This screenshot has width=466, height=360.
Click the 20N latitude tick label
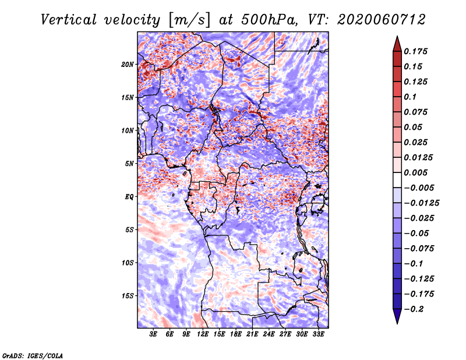pyautogui.click(x=128, y=64)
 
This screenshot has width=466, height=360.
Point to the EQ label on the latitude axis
pyautogui.click(x=129, y=197)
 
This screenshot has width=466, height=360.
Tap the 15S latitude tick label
pyautogui.click(x=128, y=296)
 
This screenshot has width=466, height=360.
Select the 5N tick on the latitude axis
pyautogui.click(x=129, y=164)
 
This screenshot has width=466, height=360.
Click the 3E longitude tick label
pyautogui.click(x=153, y=334)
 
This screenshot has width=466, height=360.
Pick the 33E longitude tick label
pyautogui.click(x=319, y=334)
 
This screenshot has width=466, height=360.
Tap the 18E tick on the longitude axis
pyautogui.click(x=236, y=334)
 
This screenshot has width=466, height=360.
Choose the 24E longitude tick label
pyautogui.click(x=269, y=334)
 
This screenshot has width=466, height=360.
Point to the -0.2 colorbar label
pyautogui.click(x=415, y=309)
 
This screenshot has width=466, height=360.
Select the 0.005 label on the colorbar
pyautogui.click(x=417, y=173)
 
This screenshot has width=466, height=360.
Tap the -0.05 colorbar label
pyautogui.click(x=417, y=234)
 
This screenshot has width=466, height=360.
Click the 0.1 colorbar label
pyautogui.click(x=411, y=97)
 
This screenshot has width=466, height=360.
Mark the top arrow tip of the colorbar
pyautogui.click(x=396, y=37)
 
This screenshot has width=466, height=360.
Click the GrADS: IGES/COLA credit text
pyautogui.click(x=33, y=355)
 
